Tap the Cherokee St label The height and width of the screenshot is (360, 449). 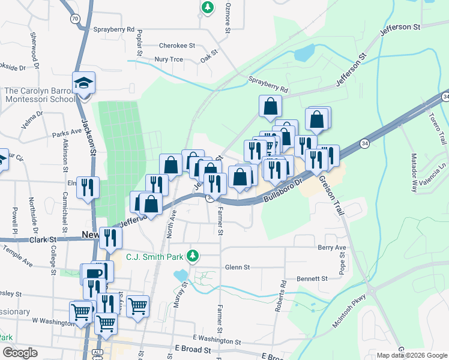pyautogui.click(x=177, y=45)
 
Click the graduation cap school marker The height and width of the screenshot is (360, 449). pyautogui.click(x=84, y=83)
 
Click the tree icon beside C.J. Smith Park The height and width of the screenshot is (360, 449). pyautogui.click(x=192, y=256)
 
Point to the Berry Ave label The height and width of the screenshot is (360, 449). pyautogui.click(x=333, y=247)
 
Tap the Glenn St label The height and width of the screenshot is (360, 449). pyautogui.click(x=237, y=267)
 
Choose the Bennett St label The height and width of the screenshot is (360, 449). pyautogui.click(x=312, y=279)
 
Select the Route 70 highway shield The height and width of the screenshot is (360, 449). pyautogui.click(x=74, y=19)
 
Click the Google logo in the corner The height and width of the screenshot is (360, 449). pyautogui.click(x=19, y=352)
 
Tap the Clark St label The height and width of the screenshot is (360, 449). pyautogui.click(x=43, y=239)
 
